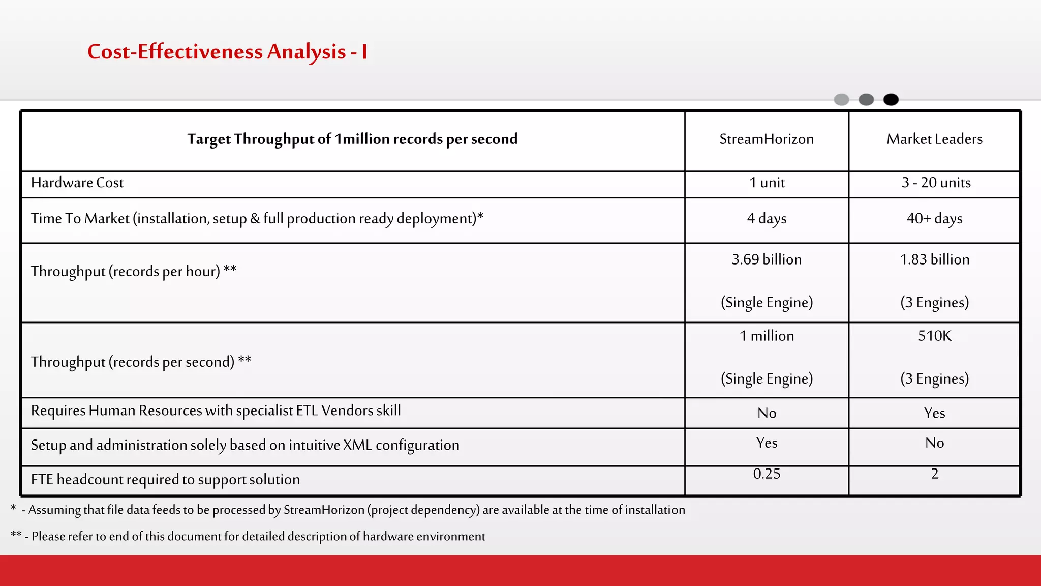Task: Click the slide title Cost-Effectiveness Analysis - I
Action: (x=227, y=52)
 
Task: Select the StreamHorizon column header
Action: (x=766, y=139)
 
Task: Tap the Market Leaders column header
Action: (x=934, y=139)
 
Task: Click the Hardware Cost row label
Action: (x=77, y=183)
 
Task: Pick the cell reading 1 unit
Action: (x=767, y=183)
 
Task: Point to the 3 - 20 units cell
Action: (x=936, y=183)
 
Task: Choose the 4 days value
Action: (x=767, y=219)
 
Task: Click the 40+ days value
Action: (x=934, y=219)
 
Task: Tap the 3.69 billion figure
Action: (x=767, y=259)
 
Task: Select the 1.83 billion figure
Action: (x=934, y=259)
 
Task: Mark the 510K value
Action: (x=934, y=336)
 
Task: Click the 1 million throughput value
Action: (x=767, y=336)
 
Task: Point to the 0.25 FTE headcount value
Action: (x=767, y=474)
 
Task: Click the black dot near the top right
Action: (x=891, y=100)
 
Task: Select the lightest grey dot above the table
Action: (x=841, y=100)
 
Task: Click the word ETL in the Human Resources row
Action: (x=307, y=411)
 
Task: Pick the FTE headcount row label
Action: (x=165, y=480)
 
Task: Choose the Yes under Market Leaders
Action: (x=934, y=413)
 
